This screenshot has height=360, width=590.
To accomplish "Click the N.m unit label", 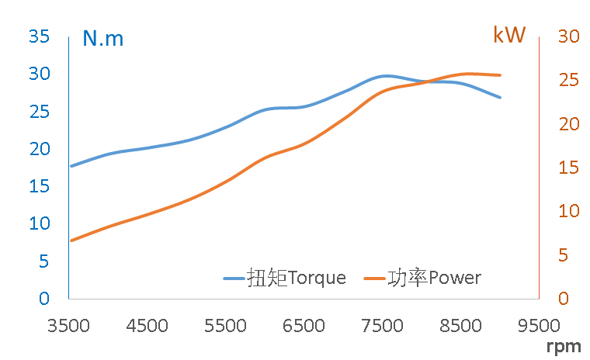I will (x=103, y=38).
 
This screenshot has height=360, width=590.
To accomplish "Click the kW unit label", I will (x=509, y=35).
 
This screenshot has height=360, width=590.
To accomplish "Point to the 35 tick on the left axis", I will (x=39, y=36).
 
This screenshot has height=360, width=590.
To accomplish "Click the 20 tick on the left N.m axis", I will (x=39, y=149).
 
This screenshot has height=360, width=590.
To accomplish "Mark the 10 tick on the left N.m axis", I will (x=39, y=223).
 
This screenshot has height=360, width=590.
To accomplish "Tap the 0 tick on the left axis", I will (x=44, y=298).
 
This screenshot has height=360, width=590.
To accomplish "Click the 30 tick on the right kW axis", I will (x=569, y=36).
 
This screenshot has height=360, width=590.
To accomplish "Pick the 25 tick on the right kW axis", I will (x=569, y=81).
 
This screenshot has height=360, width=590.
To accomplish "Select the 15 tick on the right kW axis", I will (x=569, y=168).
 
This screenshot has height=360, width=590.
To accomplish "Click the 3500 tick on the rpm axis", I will (x=69, y=326).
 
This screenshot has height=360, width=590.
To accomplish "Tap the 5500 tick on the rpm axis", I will (x=226, y=326).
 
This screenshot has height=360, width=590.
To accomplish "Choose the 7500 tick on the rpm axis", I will (x=383, y=326).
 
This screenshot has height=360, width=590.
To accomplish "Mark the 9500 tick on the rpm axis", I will (x=539, y=326).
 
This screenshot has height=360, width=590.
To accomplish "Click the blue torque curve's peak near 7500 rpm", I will (x=383, y=76).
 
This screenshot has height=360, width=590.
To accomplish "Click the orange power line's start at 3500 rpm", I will (x=71, y=241).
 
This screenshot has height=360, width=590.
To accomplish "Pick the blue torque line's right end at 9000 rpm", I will (x=501, y=98).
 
